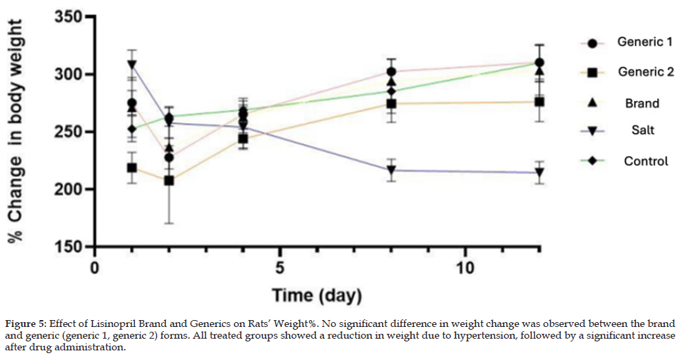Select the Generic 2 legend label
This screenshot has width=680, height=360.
click(645, 72)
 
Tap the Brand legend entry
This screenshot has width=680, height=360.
click(641, 103)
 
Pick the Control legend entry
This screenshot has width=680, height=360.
click(646, 161)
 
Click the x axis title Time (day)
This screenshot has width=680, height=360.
click(316, 296)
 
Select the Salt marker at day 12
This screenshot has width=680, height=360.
click(540, 173)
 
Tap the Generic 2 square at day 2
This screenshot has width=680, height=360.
click(169, 180)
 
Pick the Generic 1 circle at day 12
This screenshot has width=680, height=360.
click(540, 63)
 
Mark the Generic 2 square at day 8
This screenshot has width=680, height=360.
click(391, 104)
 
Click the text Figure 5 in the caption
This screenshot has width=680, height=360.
click(25, 324)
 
